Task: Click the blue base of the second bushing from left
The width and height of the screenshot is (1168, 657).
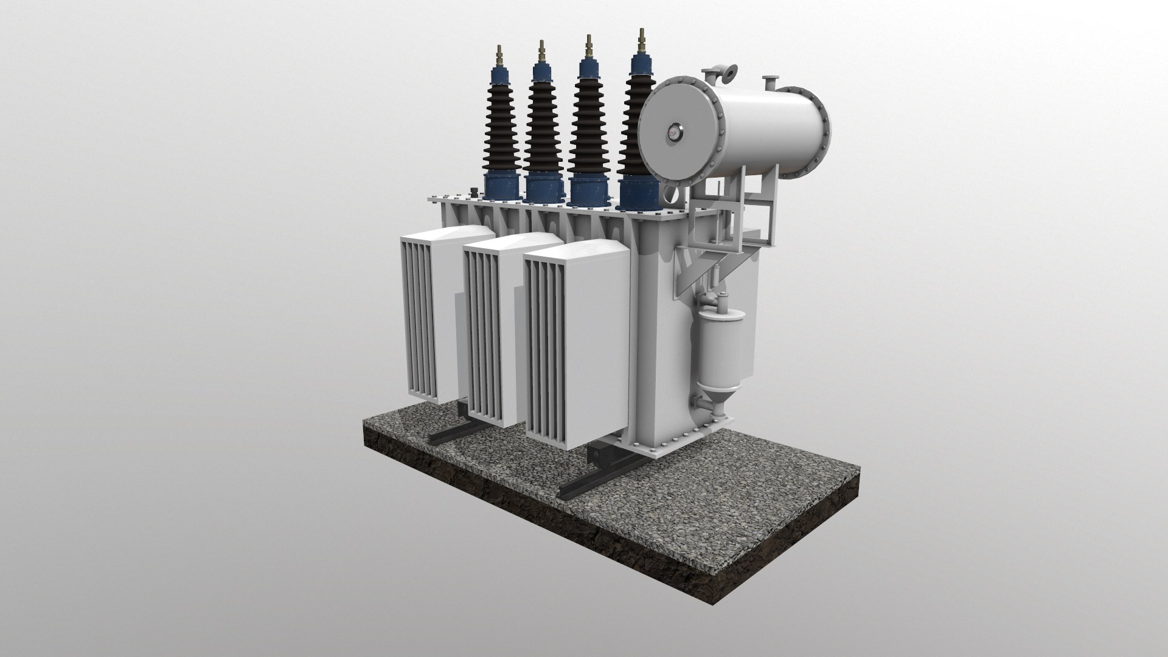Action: (545, 186)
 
